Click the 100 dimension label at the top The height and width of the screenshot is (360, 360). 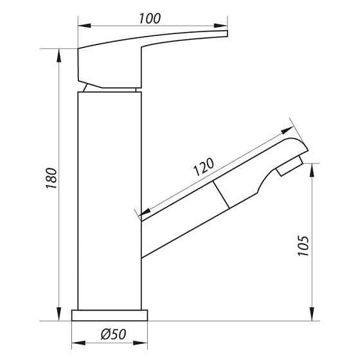click(150, 19)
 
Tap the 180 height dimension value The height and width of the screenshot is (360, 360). click(51, 178)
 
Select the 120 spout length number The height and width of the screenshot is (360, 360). click(203, 166)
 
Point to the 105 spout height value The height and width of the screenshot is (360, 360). click(303, 246)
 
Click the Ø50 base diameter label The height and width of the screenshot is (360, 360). click(113, 334)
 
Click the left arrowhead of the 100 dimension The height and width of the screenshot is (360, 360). click(84, 26)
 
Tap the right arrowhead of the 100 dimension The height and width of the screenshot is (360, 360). click(221, 26)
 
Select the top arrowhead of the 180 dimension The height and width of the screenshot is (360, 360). click(59, 55)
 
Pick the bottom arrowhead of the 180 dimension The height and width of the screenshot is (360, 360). click(59, 314)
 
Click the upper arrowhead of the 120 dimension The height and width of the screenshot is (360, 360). click(287, 130)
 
